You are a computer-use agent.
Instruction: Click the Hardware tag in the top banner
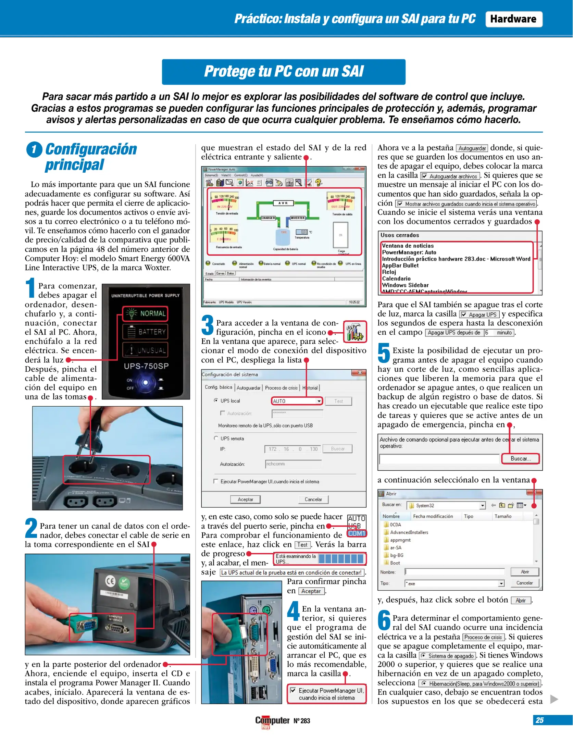[x=513, y=19]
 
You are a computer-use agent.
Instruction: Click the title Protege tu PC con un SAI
[x=284, y=72]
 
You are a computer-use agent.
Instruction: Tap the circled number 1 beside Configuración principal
[x=34, y=150]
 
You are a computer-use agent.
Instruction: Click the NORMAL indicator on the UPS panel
[x=146, y=313]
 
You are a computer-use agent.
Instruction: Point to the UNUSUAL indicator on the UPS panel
[x=146, y=350]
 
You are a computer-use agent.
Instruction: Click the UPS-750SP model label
[x=146, y=366]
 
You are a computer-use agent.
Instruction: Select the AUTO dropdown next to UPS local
[x=297, y=401]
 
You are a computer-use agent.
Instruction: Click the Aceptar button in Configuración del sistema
[x=245, y=499]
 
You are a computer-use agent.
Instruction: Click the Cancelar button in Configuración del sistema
[x=313, y=499]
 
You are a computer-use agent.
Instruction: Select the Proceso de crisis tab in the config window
[x=281, y=388]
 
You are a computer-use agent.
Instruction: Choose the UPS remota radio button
[x=216, y=438]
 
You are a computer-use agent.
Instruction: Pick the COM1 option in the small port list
[x=357, y=533]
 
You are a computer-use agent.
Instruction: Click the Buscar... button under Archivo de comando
[x=520, y=458]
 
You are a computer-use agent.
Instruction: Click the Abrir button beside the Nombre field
[x=524, y=572]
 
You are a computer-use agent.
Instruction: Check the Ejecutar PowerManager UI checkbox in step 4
[x=293, y=690]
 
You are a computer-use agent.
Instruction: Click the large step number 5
[x=384, y=353]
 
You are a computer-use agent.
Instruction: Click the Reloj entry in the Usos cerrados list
[x=389, y=272]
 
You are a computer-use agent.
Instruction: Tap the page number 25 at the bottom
[x=539, y=720]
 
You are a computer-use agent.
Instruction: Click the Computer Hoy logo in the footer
[x=272, y=721]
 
